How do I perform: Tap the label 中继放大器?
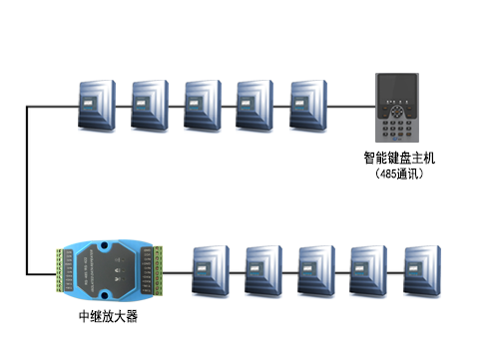click(108, 316)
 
